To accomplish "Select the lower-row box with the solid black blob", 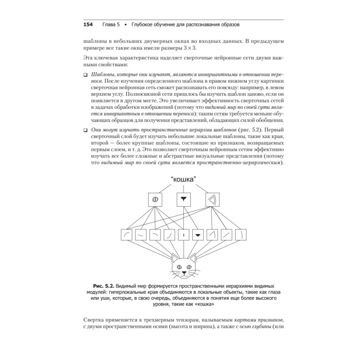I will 198,235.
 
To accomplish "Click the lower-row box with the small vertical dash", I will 184,235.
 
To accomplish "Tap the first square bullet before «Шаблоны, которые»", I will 85,75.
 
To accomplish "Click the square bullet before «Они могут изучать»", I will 85,129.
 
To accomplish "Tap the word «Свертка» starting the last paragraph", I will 95,320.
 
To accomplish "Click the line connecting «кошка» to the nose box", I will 184,188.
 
